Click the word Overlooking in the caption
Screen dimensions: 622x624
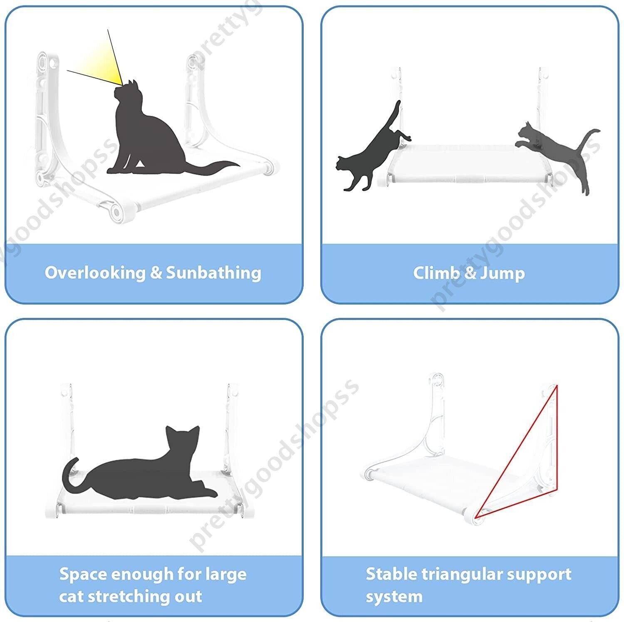[95, 273]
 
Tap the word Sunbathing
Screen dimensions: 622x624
[213, 273]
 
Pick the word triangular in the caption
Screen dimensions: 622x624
[463, 574]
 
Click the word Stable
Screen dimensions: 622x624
[391, 574]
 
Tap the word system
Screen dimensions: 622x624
[394, 597]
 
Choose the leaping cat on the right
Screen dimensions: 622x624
[557, 150]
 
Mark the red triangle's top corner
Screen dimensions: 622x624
[557, 386]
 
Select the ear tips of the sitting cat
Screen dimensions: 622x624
[132, 82]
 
